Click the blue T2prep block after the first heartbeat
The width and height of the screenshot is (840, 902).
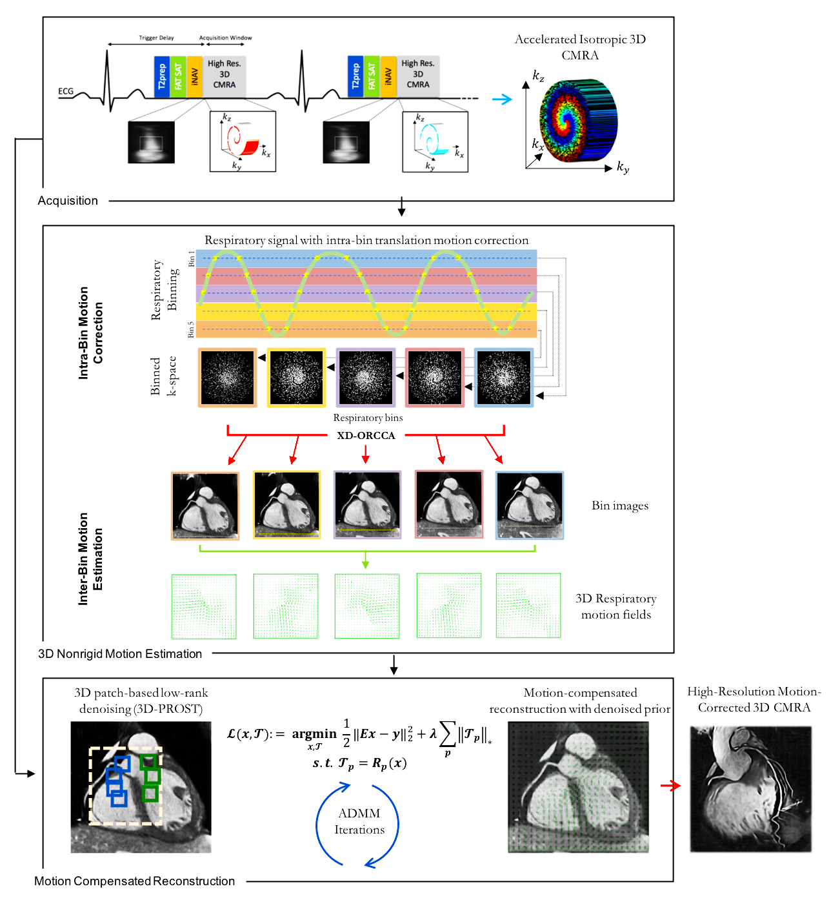coord(162,77)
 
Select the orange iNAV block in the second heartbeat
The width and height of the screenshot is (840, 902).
coord(388,77)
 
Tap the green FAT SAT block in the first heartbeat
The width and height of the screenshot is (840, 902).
coord(178,77)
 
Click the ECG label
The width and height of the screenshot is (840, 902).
coord(66,92)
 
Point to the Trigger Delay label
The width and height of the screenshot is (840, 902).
coord(156,38)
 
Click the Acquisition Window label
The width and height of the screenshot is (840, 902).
coord(225,38)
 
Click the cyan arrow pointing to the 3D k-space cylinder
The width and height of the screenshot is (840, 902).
coord(501,99)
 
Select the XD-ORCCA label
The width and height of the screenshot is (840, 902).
coord(366,436)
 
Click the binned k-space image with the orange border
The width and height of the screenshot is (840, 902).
coord(227,378)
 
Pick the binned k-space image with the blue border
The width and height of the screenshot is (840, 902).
coord(504,378)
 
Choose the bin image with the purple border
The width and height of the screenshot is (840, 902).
coord(367,505)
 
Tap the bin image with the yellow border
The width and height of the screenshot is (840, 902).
coord(286,505)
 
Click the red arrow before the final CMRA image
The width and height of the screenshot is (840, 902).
coord(670,786)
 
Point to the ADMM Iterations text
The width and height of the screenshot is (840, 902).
coord(359,821)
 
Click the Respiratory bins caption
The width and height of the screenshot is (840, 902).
coord(368,418)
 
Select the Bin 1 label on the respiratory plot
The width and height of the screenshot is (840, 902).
coord(191,259)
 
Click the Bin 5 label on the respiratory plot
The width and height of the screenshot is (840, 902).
coord(191,329)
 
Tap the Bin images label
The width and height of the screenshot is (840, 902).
coord(620,506)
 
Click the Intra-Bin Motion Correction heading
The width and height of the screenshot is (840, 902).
coord(90,333)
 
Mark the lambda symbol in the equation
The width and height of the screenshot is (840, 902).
coord(433,734)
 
